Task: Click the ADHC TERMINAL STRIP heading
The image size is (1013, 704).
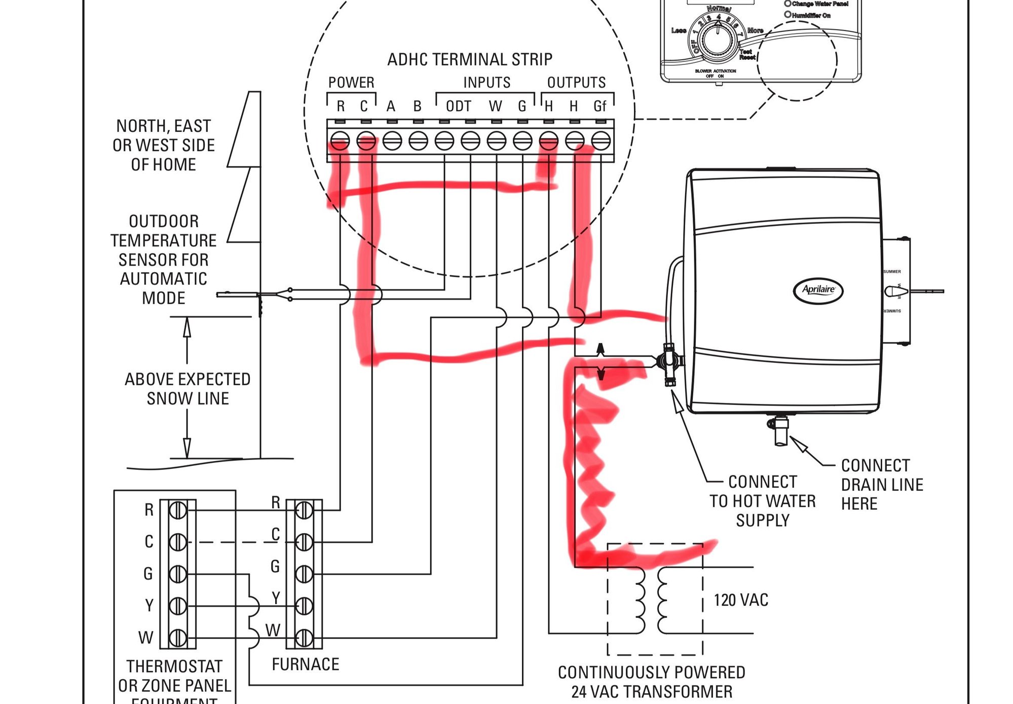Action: click(x=470, y=60)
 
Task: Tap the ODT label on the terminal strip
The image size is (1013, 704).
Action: click(x=458, y=106)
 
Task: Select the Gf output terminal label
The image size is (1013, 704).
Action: click(x=599, y=106)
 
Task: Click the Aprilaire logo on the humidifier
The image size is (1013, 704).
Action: click(x=818, y=290)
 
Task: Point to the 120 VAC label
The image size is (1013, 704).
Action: click(x=741, y=601)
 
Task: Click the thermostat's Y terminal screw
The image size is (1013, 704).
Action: click(x=177, y=606)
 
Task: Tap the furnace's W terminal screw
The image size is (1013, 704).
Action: click(x=304, y=638)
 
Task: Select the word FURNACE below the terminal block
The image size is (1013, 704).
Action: click(x=305, y=664)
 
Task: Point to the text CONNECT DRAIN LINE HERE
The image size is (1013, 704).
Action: click(x=882, y=485)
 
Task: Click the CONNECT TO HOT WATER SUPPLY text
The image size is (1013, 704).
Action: click(x=762, y=501)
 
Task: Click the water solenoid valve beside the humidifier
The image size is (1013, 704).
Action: click(x=669, y=363)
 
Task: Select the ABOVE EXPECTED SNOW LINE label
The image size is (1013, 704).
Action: click(x=187, y=389)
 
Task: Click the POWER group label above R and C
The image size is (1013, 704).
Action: click(x=351, y=83)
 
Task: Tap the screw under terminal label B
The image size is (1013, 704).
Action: click(x=418, y=141)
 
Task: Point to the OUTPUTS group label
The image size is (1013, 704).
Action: click(x=576, y=83)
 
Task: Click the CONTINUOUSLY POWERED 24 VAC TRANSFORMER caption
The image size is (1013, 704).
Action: click(x=651, y=682)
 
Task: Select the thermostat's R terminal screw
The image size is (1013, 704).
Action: click(x=177, y=510)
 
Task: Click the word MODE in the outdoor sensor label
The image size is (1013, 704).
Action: click(x=163, y=298)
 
